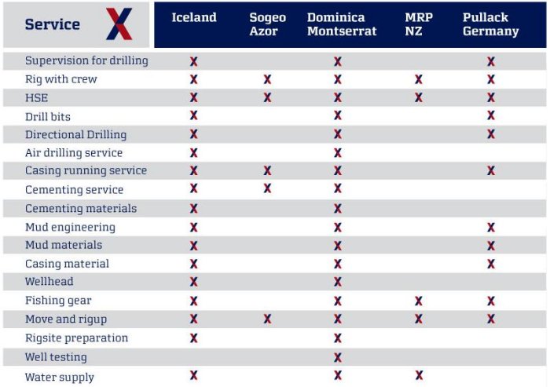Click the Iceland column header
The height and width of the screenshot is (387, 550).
tap(193, 17)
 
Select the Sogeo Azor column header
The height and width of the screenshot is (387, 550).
tap(267, 24)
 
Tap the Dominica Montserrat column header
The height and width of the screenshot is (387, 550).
tap(342, 24)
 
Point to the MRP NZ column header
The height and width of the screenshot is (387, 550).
tap(418, 24)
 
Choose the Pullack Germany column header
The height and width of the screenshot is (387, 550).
tap(490, 24)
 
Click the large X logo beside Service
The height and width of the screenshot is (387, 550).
tap(119, 24)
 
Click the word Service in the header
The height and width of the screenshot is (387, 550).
tap(52, 24)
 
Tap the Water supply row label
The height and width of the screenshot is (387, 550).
tap(60, 377)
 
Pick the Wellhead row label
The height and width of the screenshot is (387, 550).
tap(49, 281)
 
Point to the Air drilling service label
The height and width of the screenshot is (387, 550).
tap(74, 152)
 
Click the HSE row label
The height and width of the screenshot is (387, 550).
tap(37, 97)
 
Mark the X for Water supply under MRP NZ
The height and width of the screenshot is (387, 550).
tap(419, 375)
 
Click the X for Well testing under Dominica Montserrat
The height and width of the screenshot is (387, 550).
tap(338, 356)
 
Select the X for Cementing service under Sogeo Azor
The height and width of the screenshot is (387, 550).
tap(267, 188)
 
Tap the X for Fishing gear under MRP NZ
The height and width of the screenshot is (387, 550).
tap(419, 301)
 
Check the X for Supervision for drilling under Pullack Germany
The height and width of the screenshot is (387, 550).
tap(491, 60)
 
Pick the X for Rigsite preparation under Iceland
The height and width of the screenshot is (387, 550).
tap(193, 338)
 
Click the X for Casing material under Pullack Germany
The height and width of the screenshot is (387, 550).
tap(491, 264)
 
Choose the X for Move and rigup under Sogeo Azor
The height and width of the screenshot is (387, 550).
tap(267, 319)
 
